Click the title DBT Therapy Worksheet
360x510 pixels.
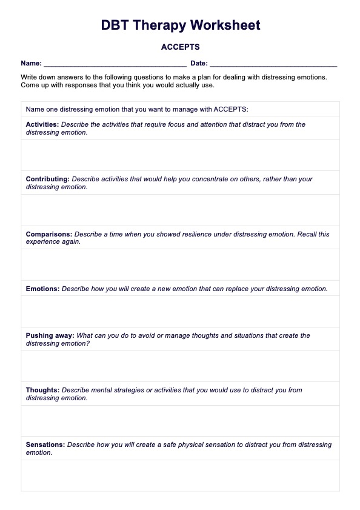click(x=180, y=25)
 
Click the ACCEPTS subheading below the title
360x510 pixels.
click(x=180, y=47)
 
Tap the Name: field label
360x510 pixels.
click(x=31, y=63)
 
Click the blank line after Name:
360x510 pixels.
click(x=115, y=64)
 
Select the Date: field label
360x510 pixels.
click(x=199, y=63)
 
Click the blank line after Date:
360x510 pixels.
click(x=273, y=64)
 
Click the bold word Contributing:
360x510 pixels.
click(x=48, y=179)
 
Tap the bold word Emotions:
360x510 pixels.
click(x=42, y=289)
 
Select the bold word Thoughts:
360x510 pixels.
click(x=42, y=390)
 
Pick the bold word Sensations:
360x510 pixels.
click(x=45, y=445)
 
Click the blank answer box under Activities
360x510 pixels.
click(x=180, y=155)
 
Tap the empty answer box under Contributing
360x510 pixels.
click(x=180, y=210)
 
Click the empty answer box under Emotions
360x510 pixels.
click(x=180, y=312)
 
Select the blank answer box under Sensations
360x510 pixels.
click(x=180, y=475)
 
